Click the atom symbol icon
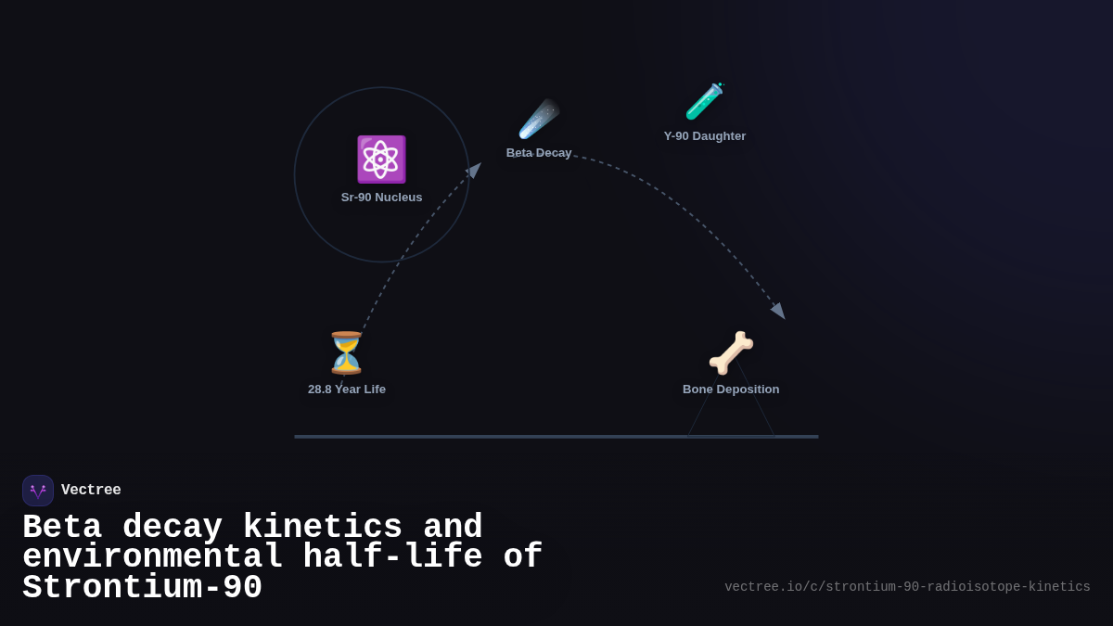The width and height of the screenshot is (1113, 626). click(x=381, y=160)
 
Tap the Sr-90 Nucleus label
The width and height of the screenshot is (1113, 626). click(x=381, y=198)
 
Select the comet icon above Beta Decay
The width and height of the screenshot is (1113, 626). click(x=539, y=119)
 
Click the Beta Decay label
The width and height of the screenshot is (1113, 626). click(x=539, y=153)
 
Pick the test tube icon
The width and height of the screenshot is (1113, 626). click(x=704, y=101)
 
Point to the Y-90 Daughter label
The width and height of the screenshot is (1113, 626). click(x=705, y=136)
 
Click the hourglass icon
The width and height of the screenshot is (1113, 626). click(x=346, y=352)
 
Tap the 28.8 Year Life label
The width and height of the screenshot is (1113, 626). click(x=347, y=390)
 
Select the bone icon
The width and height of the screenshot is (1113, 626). click(x=731, y=352)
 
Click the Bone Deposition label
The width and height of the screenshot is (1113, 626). click(x=731, y=390)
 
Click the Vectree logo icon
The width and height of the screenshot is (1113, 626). click(x=38, y=491)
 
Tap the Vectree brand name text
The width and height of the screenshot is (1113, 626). click(x=91, y=491)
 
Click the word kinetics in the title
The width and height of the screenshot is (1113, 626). click(x=322, y=528)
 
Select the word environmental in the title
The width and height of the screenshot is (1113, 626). click(x=152, y=557)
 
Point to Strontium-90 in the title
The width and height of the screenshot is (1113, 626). click(x=142, y=588)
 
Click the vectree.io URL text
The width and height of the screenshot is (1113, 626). click(x=907, y=587)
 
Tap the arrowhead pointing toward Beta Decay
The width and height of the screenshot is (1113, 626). click(x=475, y=170)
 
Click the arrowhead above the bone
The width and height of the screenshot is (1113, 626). click(x=778, y=311)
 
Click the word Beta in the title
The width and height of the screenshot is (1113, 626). click(x=61, y=528)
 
